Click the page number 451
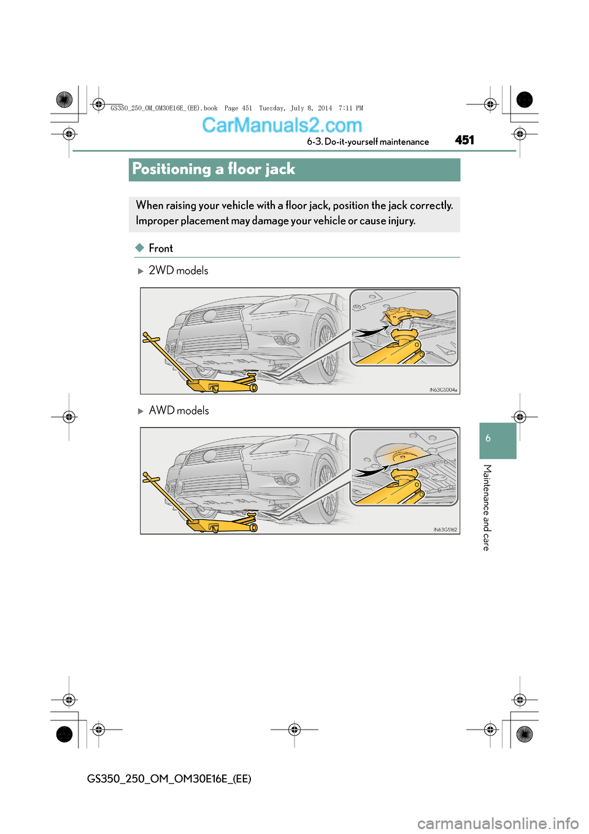[x=464, y=140]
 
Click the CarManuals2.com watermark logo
[x=282, y=125]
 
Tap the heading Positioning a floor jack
[x=214, y=169]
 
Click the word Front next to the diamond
[x=161, y=248]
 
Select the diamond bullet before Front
[x=140, y=247]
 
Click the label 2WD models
[x=179, y=270]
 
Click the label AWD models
[x=179, y=410]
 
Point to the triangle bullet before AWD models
[x=141, y=411]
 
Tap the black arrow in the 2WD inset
[x=370, y=332]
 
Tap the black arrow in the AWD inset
[x=370, y=472]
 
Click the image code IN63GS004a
[x=443, y=390]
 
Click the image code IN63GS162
[x=445, y=529]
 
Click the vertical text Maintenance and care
[x=487, y=507]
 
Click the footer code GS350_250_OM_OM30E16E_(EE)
[x=169, y=779]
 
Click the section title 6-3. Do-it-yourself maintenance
[x=368, y=142]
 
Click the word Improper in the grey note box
[x=157, y=221]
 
